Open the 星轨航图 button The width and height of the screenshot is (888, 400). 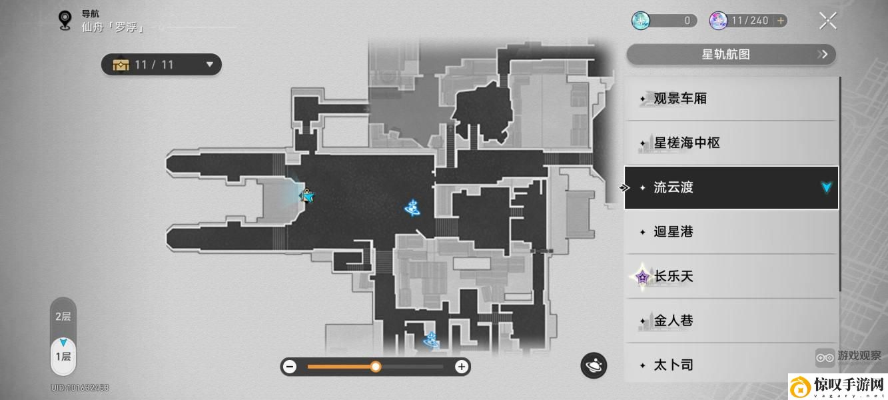coord(731,55)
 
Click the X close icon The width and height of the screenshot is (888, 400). coord(828,21)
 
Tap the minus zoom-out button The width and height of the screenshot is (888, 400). coord(290,367)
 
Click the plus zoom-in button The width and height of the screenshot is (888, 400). coord(462,367)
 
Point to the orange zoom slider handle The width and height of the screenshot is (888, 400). coord(376,367)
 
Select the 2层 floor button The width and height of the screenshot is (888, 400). coord(63,317)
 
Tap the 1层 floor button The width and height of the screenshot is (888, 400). coord(63,357)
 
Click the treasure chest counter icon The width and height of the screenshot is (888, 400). coord(121,65)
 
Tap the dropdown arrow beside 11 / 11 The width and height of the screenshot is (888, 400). coord(210,65)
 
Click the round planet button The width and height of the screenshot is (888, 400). coord(594,365)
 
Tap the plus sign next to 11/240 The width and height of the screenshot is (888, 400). coord(781,21)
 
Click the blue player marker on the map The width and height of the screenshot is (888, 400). coord(307,195)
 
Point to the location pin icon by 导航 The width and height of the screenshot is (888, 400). coord(65,20)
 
